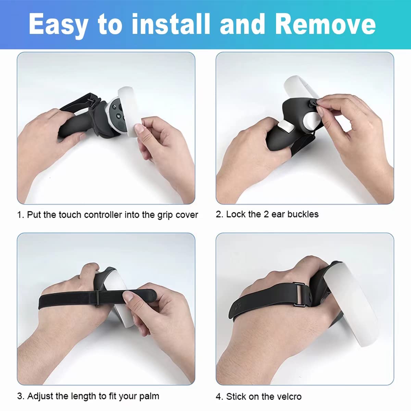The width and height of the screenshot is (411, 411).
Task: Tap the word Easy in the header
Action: click(x=58, y=25)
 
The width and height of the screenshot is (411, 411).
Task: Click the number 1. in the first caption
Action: click(x=21, y=215)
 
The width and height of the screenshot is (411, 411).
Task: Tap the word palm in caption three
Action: click(x=149, y=396)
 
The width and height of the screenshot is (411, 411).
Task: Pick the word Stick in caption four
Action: click(x=236, y=397)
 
